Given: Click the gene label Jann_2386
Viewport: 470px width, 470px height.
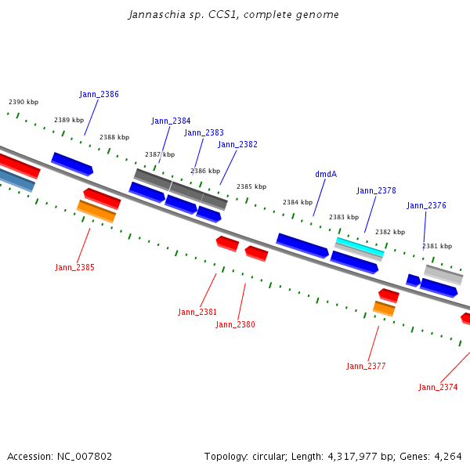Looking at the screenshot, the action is click(x=99, y=94).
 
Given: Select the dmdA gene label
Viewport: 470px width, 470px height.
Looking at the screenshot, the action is click(x=326, y=174).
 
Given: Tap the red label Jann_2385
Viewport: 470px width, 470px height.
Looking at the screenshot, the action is click(x=74, y=267).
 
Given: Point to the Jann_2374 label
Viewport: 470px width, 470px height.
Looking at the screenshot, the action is click(x=438, y=387).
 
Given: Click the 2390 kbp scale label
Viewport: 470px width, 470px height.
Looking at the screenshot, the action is click(x=23, y=102).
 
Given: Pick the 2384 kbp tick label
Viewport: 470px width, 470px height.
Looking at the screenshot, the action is click(x=298, y=202).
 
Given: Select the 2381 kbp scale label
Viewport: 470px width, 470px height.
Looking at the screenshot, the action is click(x=437, y=246).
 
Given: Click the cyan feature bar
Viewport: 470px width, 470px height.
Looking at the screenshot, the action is click(x=360, y=247).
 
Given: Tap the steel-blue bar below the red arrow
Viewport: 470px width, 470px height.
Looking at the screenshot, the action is click(x=16, y=179).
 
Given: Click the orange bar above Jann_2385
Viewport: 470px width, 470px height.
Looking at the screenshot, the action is click(x=96, y=211).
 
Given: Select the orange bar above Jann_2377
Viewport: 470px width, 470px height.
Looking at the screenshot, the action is click(x=384, y=309).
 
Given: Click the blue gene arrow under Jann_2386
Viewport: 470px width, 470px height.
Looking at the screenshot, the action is click(x=72, y=164).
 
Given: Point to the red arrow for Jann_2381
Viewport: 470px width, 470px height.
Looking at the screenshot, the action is click(x=227, y=244).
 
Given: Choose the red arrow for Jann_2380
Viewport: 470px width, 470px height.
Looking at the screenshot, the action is click(x=257, y=254).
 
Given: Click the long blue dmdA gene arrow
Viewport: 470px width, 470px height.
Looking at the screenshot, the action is click(x=302, y=245).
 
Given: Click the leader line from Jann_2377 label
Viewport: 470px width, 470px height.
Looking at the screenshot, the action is click(x=373, y=344).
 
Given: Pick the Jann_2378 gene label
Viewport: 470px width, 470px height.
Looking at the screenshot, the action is click(x=376, y=190).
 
